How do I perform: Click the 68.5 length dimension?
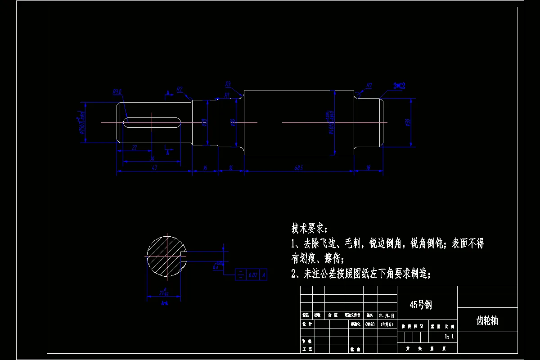pos(298,168)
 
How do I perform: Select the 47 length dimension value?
pos(154,168)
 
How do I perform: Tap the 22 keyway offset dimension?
pos(134,148)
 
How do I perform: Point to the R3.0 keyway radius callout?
pos(117,92)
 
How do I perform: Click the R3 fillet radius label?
pos(228,84)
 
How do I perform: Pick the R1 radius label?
pos(227,95)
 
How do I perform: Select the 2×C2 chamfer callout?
pos(399,85)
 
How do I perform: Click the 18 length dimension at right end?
pos(368,168)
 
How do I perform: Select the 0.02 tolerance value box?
pos(253,274)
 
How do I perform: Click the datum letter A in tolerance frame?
pos(263,274)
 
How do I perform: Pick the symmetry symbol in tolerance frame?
pos(241,274)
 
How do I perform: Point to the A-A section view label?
pos(165,303)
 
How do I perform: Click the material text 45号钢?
pos(420,305)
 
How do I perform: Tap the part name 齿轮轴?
pos(487,321)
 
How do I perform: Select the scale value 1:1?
pos(449,336)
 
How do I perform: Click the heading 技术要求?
pos(310,229)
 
